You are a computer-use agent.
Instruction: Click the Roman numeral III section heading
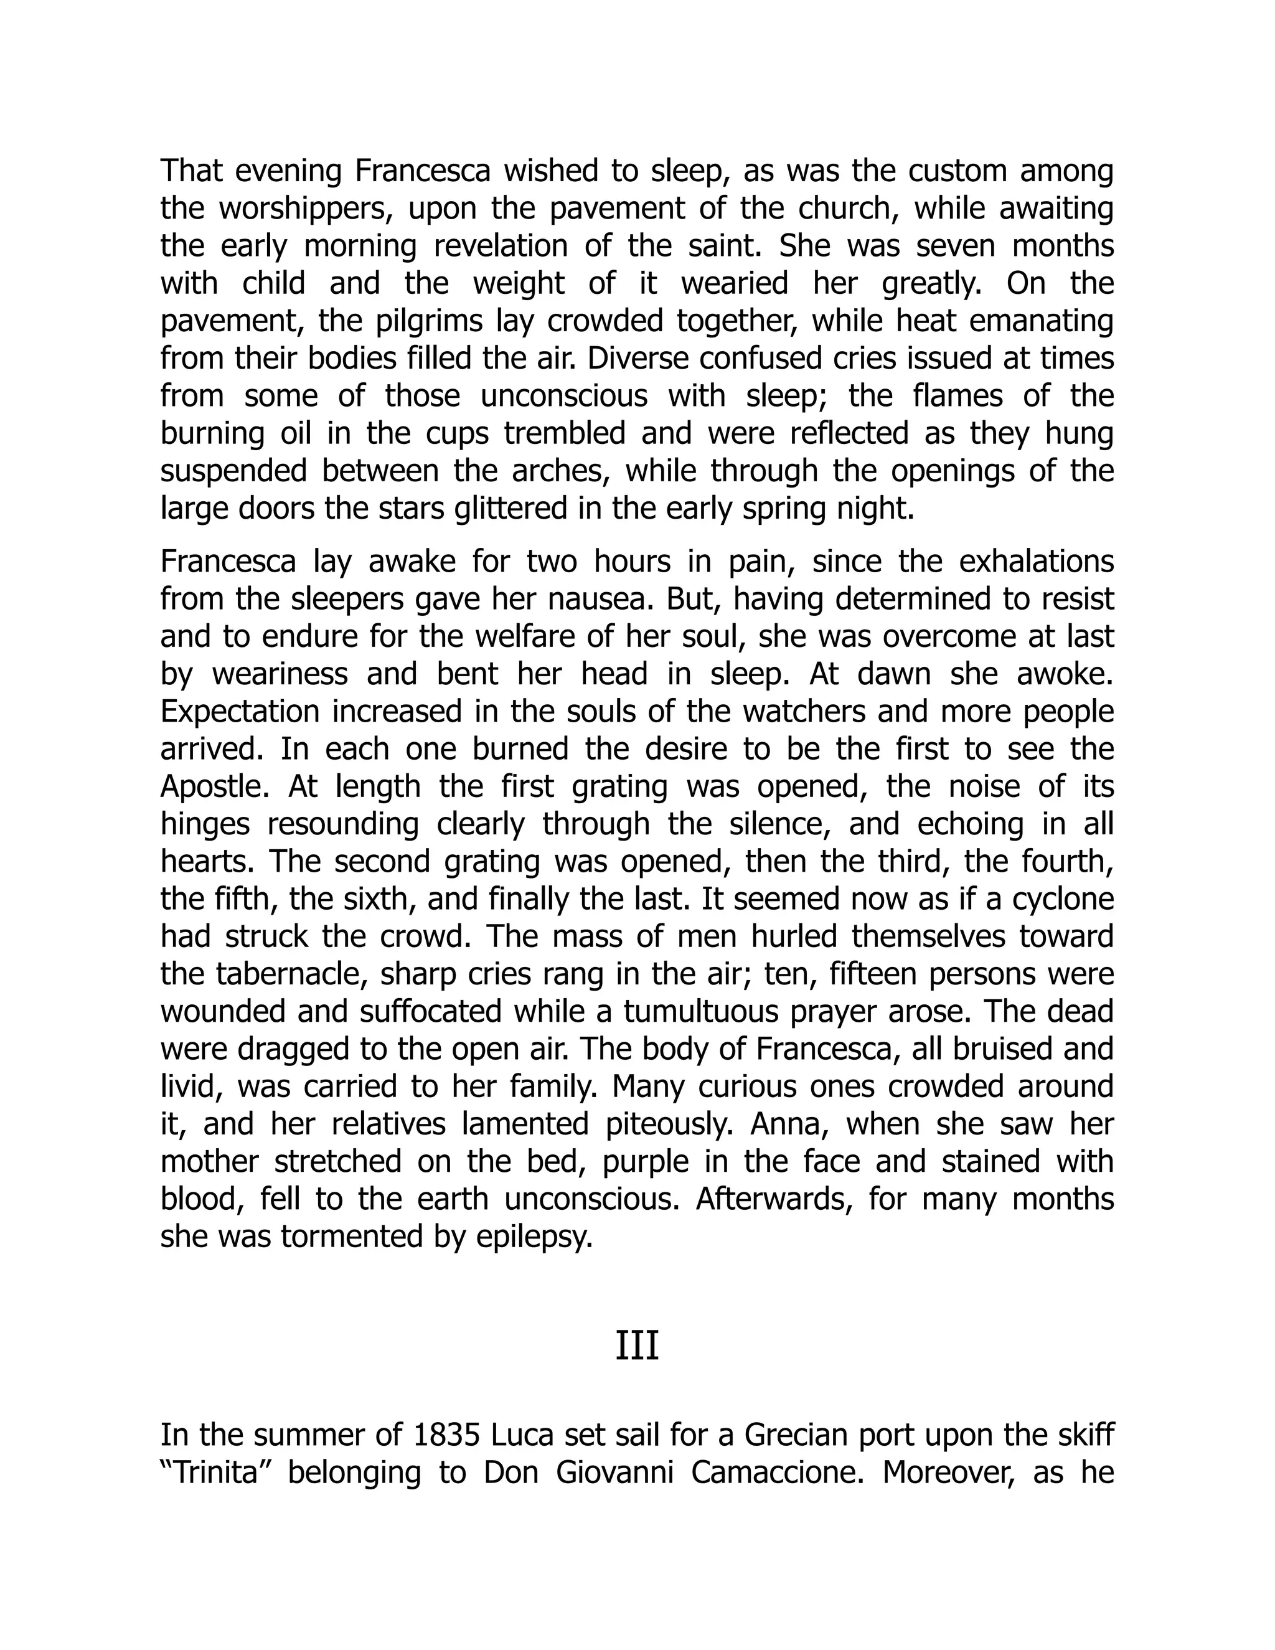[x=637, y=1347]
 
